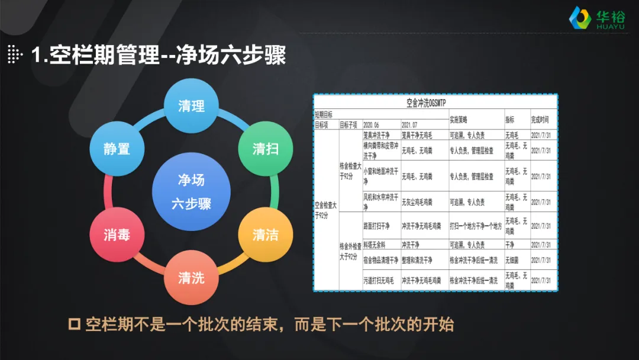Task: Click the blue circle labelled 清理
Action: [x=191, y=105]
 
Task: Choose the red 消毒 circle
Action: [x=117, y=234]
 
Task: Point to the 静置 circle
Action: [x=117, y=149]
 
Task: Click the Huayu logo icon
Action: [x=579, y=18]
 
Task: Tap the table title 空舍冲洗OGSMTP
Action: [x=434, y=102]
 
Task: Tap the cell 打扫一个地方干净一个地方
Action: [x=475, y=226]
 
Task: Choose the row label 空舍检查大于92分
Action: [x=325, y=210]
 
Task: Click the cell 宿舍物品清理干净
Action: [x=380, y=260]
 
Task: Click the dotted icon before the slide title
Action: [x=17, y=56]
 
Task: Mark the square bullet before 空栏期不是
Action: [x=75, y=324]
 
